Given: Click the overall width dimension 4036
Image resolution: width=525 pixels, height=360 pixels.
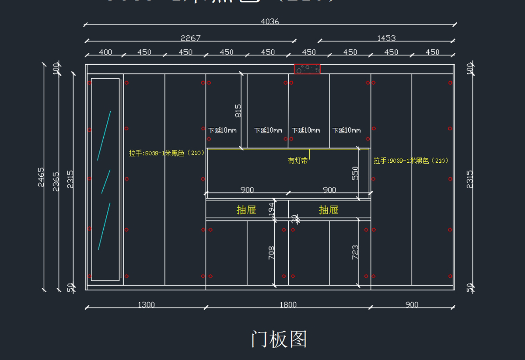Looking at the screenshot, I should (x=269, y=21).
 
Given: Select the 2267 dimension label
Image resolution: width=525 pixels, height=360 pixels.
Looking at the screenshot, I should (x=190, y=38).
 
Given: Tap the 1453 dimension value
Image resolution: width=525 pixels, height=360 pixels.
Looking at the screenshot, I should (x=386, y=38).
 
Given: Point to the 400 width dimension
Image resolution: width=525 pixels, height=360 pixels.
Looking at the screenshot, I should (x=105, y=52).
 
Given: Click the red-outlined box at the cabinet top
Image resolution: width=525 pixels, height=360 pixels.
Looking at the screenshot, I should (x=307, y=69).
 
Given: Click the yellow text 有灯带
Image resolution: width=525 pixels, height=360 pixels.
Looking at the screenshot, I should (x=297, y=161).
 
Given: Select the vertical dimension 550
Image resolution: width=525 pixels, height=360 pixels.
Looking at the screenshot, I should (x=355, y=173).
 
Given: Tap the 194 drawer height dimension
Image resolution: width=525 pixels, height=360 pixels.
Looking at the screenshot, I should (x=271, y=209).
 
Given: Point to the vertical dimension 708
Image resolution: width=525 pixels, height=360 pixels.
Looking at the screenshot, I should (x=271, y=253).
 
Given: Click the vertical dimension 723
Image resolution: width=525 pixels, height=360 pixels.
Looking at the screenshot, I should (x=355, y=252).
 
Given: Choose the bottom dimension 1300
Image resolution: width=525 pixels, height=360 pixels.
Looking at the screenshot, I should (x=146, y=304).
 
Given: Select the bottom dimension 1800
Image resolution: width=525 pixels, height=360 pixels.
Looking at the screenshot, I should (x=288, y=304).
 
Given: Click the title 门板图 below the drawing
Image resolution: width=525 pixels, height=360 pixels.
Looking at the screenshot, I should (x=279, y=339).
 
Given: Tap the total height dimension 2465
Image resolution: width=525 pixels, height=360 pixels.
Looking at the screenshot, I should (x=41, y=177).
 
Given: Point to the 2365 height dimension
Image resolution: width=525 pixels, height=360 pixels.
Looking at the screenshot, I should (x=56, y=181).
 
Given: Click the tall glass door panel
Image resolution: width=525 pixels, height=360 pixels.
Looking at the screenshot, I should (x=105, y=179).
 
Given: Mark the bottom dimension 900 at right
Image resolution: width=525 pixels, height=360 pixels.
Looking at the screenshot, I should (x=412, y=304).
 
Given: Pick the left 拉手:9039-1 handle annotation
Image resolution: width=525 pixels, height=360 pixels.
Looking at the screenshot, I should (x=167, y=153).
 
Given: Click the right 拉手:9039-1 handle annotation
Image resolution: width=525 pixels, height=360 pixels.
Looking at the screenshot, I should (x=411, y=161).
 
